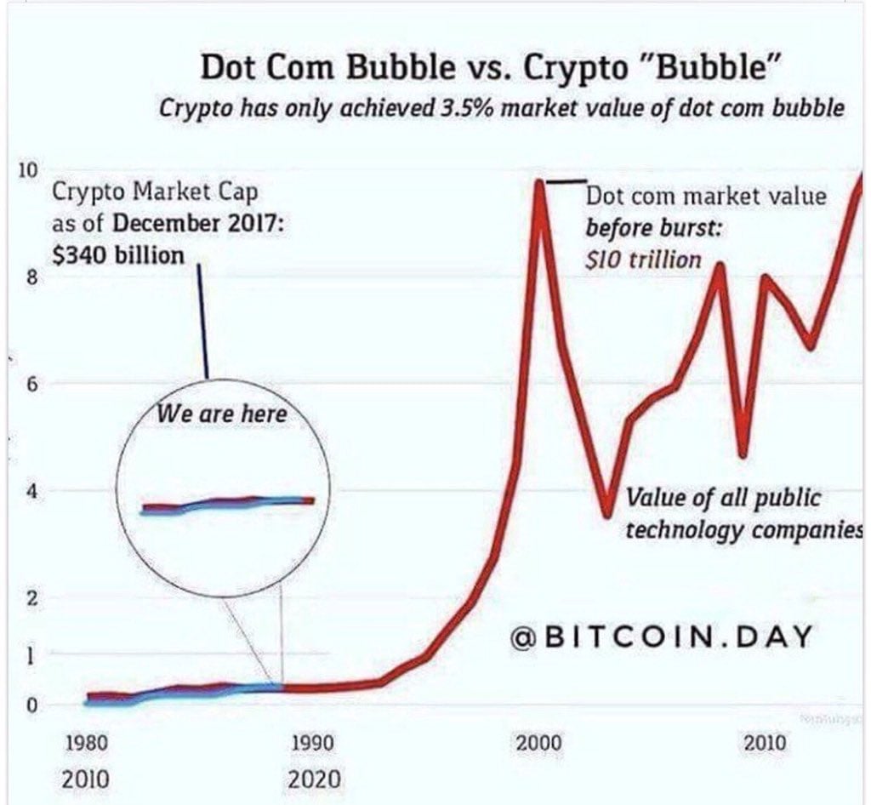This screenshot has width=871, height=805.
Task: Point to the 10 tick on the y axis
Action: click(x=28, y=169)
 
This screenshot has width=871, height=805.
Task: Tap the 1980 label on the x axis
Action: click(x=87, y=743)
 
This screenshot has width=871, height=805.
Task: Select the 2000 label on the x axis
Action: click(x=538, y=743)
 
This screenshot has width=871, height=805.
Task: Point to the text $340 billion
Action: click(x=118, y=255)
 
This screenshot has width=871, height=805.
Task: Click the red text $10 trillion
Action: click(x=643, y=259)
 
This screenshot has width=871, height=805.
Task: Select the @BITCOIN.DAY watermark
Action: click(x=662, y=637)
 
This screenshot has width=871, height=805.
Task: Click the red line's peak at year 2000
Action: click(x=538, y=181)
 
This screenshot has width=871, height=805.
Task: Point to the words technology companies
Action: click(x=743, y=530)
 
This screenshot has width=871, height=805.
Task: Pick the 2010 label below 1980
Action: click(x=87, y=778)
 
